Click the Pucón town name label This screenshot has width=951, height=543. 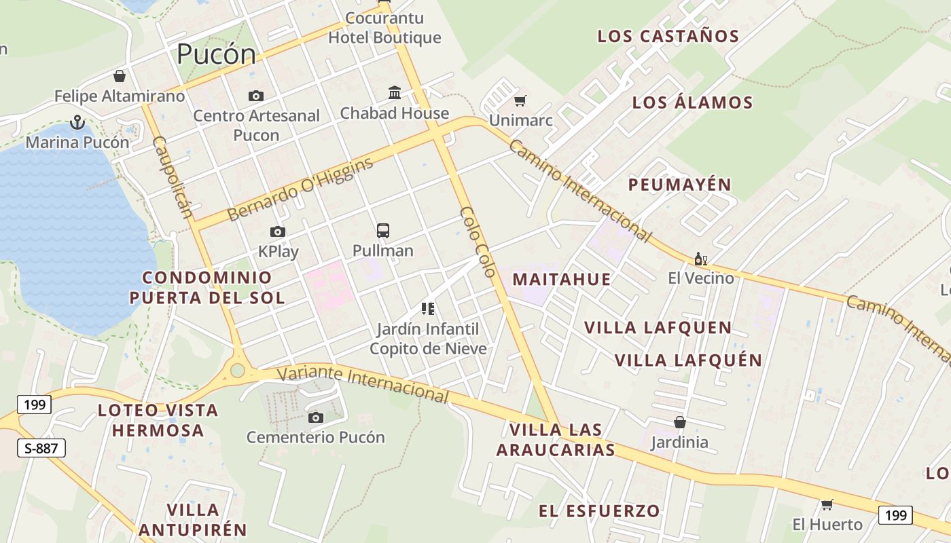217,54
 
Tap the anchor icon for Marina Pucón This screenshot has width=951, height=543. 77,123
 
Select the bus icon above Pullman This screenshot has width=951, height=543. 383,231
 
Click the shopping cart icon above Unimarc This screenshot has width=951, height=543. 520,101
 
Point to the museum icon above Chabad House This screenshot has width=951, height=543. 395,92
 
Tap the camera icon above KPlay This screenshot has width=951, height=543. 278,232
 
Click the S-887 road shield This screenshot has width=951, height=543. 41,448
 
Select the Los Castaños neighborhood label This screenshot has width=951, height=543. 668,37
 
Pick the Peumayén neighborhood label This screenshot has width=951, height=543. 679,185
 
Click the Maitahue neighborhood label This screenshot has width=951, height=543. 562,279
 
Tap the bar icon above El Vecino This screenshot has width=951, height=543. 701,259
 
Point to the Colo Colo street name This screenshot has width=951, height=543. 477,242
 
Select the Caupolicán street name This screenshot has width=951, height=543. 173,177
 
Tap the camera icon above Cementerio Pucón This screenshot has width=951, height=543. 316,417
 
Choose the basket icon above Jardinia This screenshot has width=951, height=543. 680,423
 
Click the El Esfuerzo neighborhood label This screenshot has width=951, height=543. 599,511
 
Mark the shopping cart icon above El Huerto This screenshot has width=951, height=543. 827,504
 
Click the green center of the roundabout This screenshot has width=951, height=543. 237,370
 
